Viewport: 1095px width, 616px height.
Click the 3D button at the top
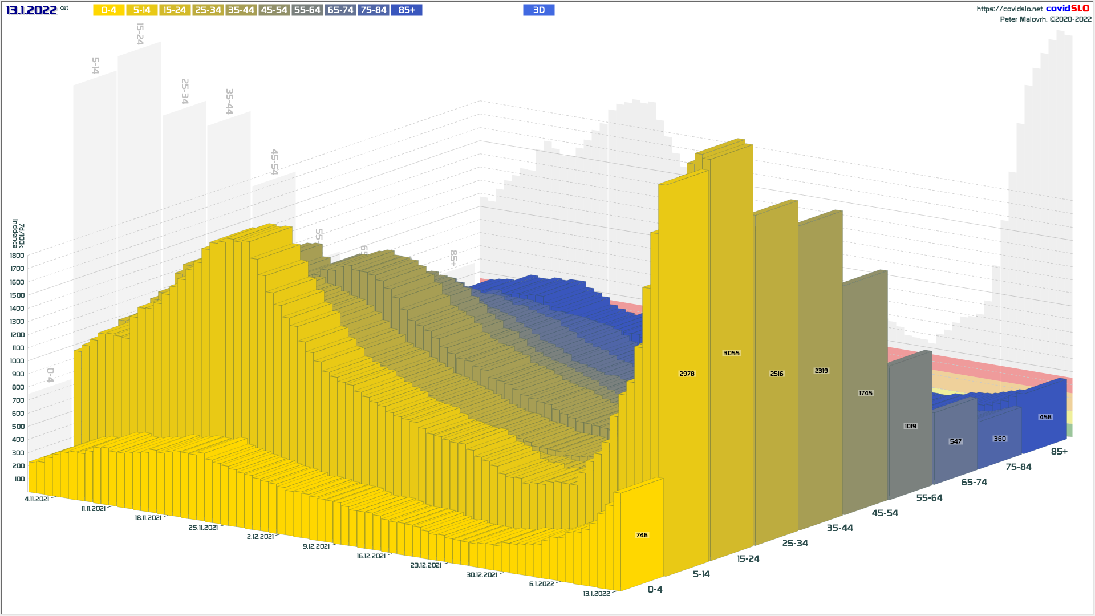tap(538, 10)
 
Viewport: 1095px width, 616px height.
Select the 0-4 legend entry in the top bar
tap(108, 10)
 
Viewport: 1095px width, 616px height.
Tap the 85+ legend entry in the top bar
tap(407, 10)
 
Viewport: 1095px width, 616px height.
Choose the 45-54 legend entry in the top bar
tap(274, 10)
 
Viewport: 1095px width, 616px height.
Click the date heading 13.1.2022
tap(31, 10)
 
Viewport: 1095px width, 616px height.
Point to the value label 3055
tap(731, 354)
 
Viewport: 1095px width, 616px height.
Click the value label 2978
tap(687, 374)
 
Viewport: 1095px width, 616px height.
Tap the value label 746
tap(642, 536)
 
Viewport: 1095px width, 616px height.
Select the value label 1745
tap(865, 394)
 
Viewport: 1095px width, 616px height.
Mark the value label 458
tap(1045, 418)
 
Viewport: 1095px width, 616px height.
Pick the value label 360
tap(1000, 439)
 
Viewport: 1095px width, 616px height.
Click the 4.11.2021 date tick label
tap(36, 499)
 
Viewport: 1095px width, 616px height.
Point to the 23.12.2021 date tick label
tap(425, 565)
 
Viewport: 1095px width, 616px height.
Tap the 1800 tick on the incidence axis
tap(17, 256)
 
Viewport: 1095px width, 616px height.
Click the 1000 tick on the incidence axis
tap(17, 361)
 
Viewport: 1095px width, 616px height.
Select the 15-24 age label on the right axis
tap(748, 559)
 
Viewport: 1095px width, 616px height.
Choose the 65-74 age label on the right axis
tap(974, 483)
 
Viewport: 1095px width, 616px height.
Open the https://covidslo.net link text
tap(1009, 9)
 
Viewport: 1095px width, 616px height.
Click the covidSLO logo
tap(1067, 9)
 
